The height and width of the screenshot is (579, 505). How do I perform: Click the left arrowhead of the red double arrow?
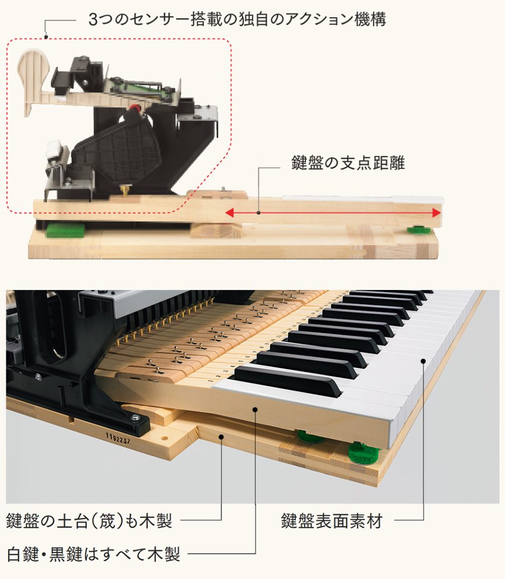tap(229, 213)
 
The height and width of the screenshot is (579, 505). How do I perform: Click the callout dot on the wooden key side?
tap(256, 410)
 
